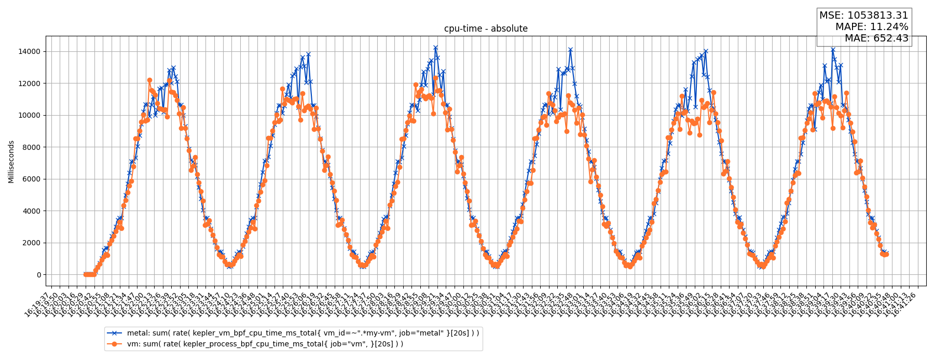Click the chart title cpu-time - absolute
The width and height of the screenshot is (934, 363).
pyautogui.click(x=486, y=29)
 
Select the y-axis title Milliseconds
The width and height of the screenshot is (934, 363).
pyautogui.click(x=11, y=161)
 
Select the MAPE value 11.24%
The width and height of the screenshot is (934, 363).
pyautogui.click(x=887, y=27)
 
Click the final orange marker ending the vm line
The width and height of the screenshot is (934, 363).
pyautogui.click(x=886, y=254)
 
